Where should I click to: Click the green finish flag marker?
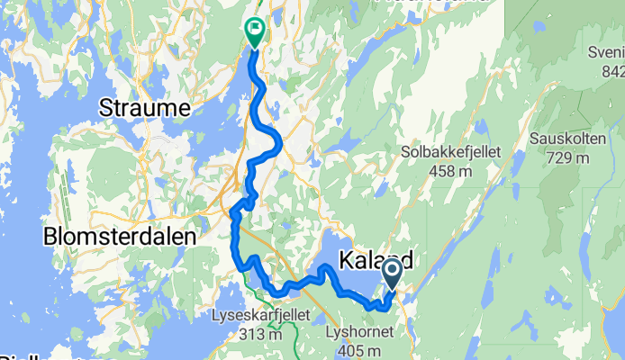(254, 32)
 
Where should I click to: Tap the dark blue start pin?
(393, 272)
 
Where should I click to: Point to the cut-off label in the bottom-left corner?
(23, 355)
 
